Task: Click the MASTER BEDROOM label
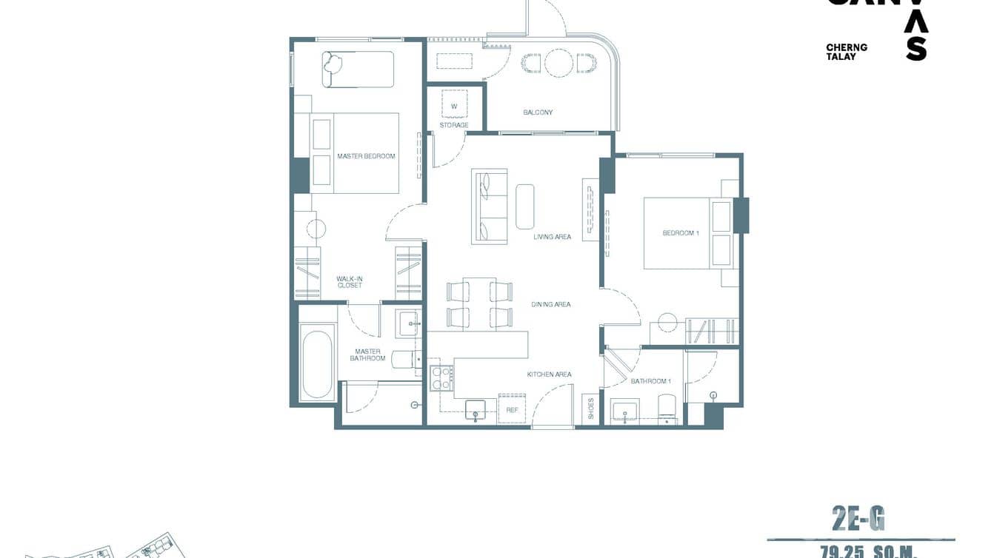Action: (x=366, y=156)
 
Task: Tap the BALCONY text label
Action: (x=538, y=112)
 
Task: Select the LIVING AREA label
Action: (x=553, y=237)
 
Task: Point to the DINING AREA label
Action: (x=551, y=304)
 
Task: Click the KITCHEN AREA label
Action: (x=549, y=374)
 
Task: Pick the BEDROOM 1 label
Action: (x=681, y=233)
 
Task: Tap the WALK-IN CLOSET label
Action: (x=350, y=282)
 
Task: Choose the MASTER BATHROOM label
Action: (x=368, y=355)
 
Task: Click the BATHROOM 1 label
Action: (x=650, y=381)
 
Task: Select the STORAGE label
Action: (x=454, y=125)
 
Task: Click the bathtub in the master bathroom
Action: (x=317, y=365)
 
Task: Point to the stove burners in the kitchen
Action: (x=442, y=378)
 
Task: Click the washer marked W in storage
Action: (x=455, y=105)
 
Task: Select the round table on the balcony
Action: (x=557, y=62)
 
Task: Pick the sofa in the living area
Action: (x=490, y=206)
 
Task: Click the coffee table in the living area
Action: (x=525, y=206)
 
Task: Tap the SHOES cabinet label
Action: (x=590, y=409)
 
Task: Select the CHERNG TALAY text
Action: (x=847, y=52)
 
